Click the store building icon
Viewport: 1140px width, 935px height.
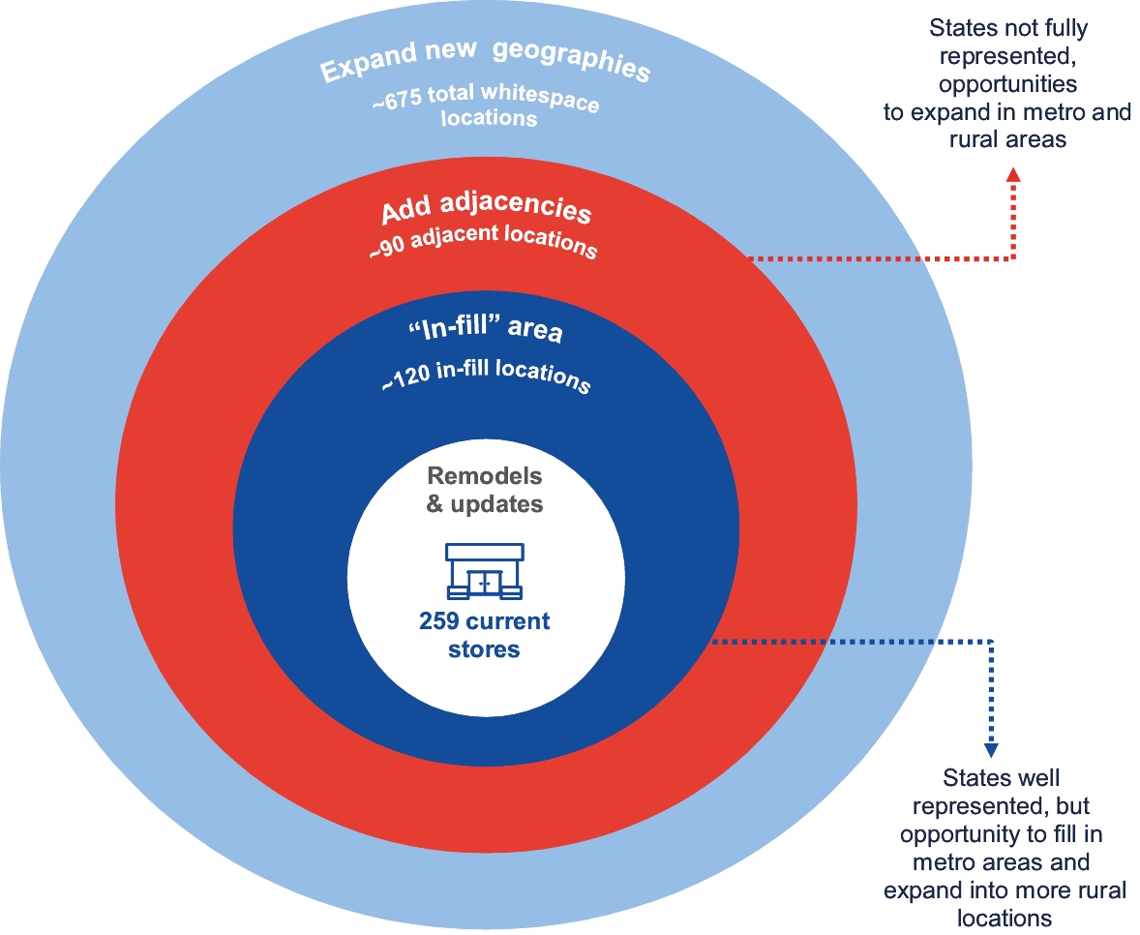(x=484, y=571)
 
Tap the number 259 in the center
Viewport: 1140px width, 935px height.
(x=441, y=621)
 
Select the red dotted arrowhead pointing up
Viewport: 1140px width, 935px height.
(x=1013, y=174)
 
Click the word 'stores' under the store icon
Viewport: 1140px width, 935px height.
(x=484, y=649)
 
